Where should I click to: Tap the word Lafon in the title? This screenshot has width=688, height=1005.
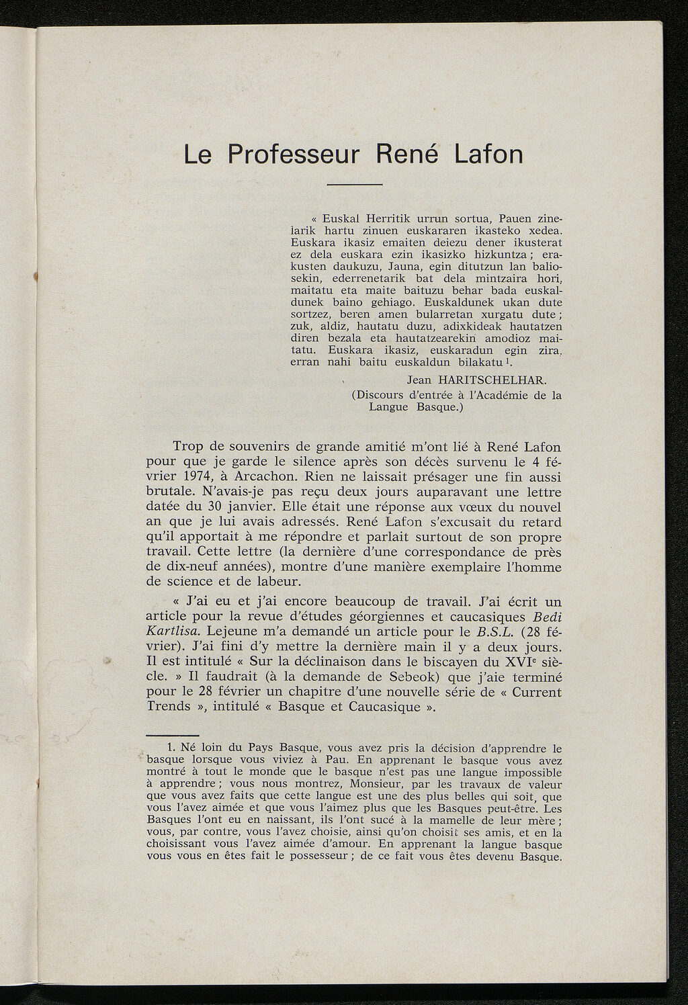488,154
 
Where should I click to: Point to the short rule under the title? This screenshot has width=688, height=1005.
355,185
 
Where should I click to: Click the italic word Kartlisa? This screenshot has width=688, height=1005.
173,631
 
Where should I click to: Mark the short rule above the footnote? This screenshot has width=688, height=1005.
172,734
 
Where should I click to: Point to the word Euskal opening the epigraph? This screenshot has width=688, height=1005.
342,219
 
